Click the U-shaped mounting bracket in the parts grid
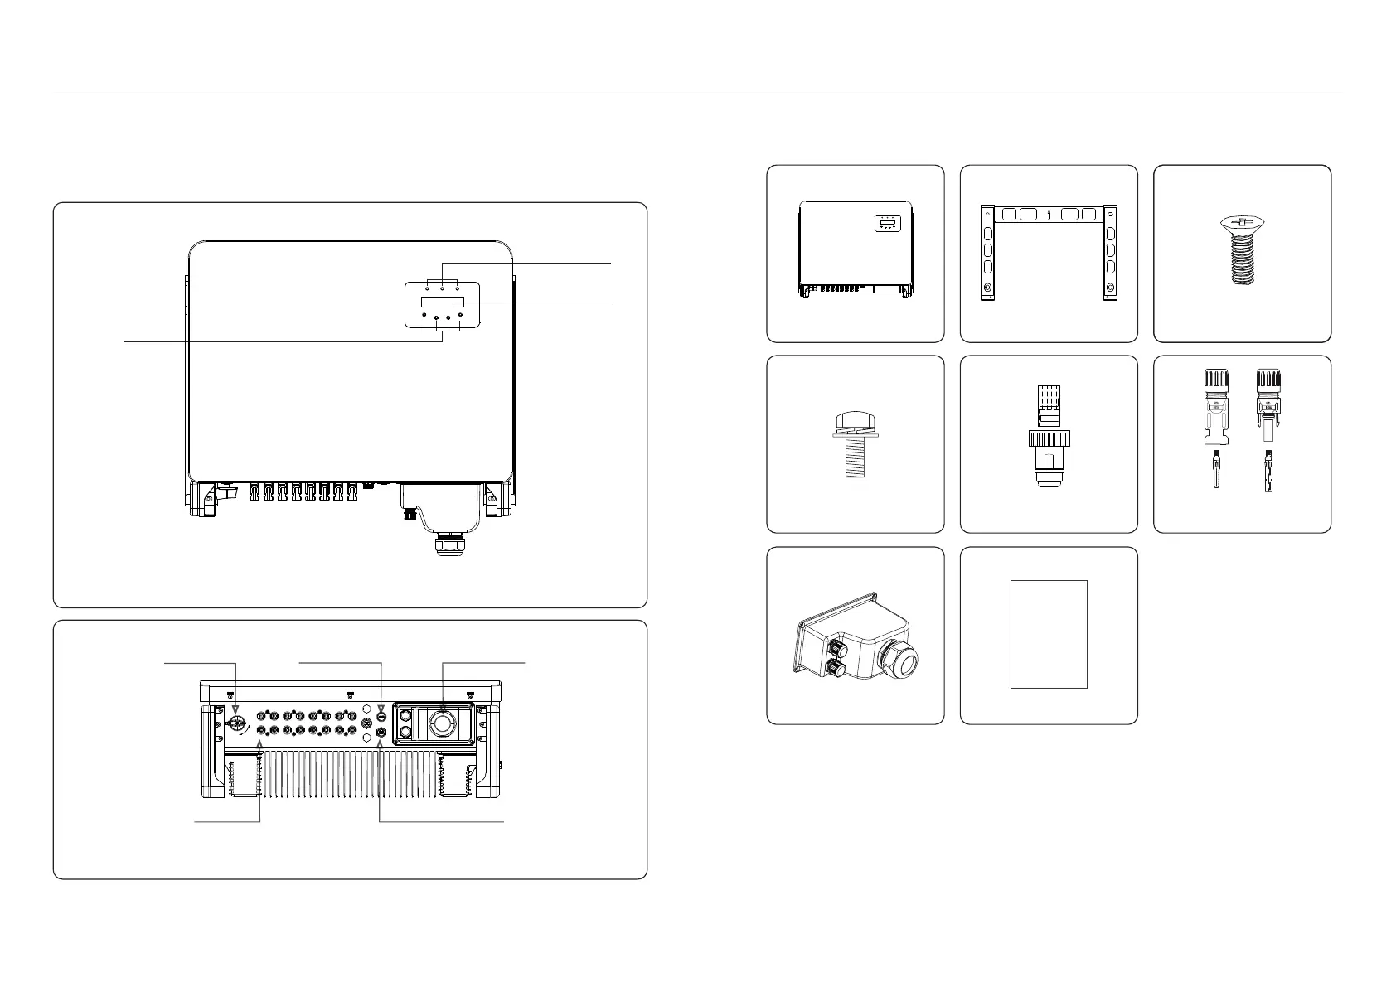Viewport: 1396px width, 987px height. [x=1049, y=252]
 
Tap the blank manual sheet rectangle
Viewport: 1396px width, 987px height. [x=1049, y=634]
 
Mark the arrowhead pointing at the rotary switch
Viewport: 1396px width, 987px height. [x=237, y=711]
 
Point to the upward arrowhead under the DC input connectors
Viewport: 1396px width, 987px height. [x=260, y=745]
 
